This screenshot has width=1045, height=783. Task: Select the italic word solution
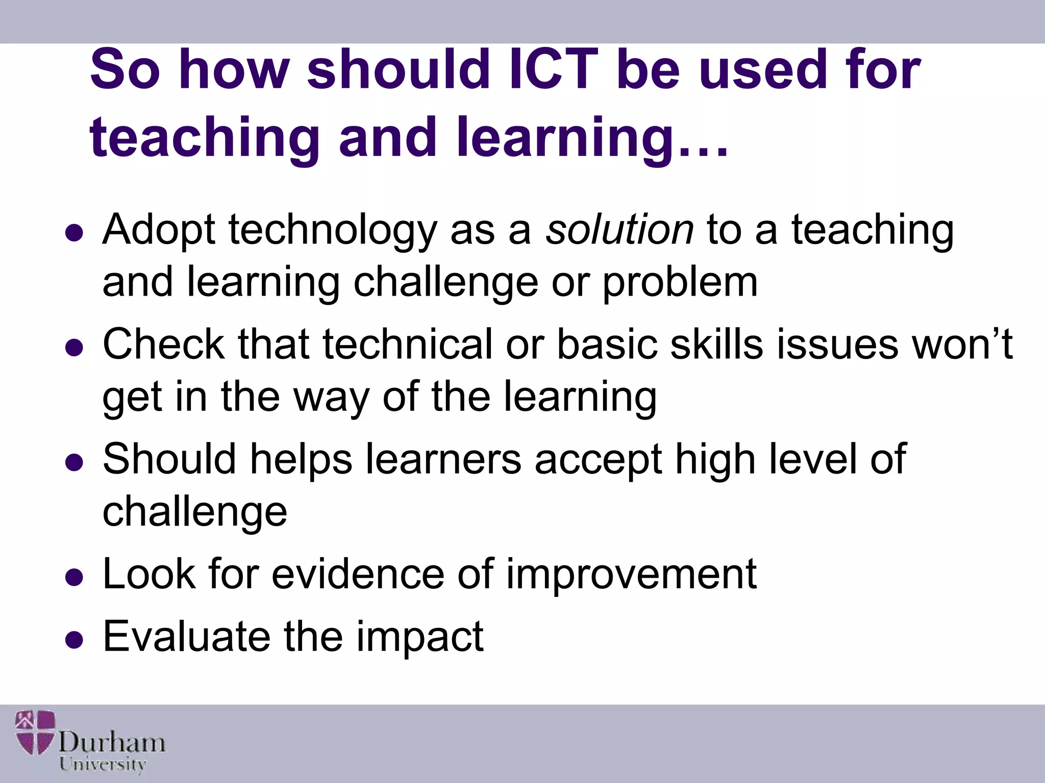coord(619,230)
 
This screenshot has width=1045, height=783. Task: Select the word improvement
coord(631,575)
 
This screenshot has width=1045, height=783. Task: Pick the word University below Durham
coord(102,765)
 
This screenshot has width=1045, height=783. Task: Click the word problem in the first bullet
coord(680,283)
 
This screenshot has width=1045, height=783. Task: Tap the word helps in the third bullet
coord(301,459)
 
